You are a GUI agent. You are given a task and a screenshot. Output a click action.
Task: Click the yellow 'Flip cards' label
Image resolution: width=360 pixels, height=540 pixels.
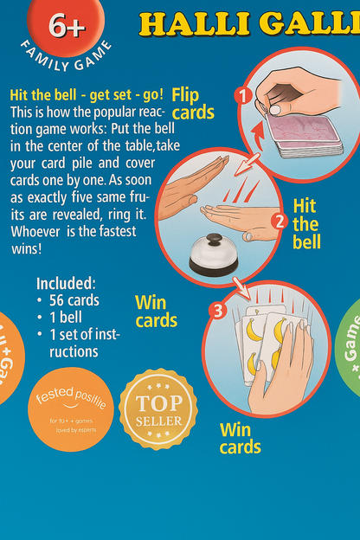pos(193,102)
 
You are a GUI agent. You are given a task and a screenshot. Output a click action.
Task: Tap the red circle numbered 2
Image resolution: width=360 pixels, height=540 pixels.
pos(278,221)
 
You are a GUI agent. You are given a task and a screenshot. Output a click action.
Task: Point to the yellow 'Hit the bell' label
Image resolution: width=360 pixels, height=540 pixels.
pos(305,223)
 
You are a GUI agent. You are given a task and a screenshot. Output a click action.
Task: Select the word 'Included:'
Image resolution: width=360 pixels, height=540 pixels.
pos(66,283)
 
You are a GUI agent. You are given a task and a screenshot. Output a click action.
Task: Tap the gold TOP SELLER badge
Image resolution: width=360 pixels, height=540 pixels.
pos(157,408)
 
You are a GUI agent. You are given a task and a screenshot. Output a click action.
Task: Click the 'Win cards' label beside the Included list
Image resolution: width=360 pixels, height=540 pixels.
pos(156,312)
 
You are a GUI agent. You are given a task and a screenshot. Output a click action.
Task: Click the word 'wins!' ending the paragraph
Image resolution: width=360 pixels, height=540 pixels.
pos(28,248)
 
